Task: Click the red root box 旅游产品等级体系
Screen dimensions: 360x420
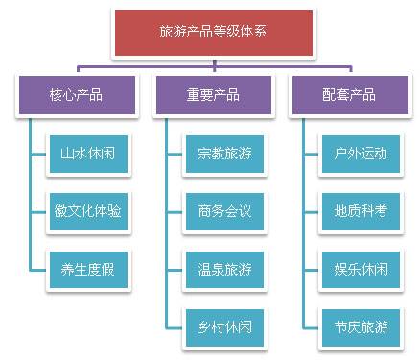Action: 212,32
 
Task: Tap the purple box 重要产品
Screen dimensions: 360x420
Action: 212,95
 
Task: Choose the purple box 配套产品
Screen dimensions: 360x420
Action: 348,95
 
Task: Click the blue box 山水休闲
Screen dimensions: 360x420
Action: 88,152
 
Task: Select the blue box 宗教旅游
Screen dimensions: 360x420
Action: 224,152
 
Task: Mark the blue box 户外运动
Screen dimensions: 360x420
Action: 362,152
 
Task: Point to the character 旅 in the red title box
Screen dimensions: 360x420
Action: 166,33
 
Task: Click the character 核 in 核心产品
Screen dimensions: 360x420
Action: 55,95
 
